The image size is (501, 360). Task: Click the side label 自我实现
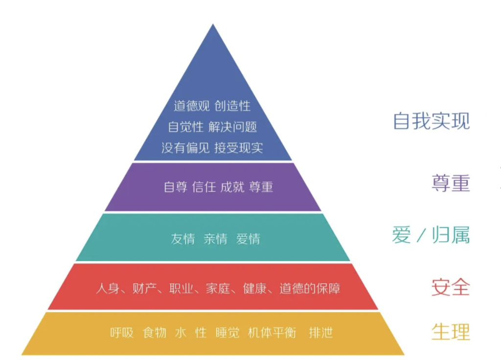(x=432, y=121)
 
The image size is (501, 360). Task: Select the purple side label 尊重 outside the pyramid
(x=451, y=183)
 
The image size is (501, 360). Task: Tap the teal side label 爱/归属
(x=431, y=235)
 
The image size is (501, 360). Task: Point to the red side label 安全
(x=451, y=287)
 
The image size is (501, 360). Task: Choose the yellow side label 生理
(x=451, y=332)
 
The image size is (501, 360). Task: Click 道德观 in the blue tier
(x=192, y=106)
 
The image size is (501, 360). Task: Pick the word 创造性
(x=232, y=106)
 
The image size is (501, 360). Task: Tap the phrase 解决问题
(x=232, y=127)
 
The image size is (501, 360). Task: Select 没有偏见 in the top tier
(x=185, y=148)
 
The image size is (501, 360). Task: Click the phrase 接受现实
(x=239, y=148)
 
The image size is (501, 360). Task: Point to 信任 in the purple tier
(x=204, y=187)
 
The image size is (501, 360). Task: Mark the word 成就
(x=232, y=187)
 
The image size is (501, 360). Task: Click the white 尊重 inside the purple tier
(x=261, y=187)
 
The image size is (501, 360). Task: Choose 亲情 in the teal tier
(x=216, y=239)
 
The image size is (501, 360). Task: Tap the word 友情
(x=183, y=239)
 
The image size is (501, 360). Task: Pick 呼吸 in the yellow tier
(x=122, y=333)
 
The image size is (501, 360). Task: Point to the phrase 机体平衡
(x=272, y=333)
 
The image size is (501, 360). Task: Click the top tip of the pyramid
(x=213, y=24)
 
